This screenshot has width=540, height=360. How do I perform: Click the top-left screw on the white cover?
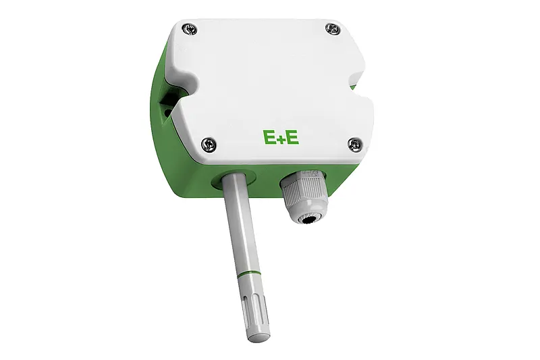tap(190, 28)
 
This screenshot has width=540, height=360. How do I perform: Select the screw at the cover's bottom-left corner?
tap(209, 143)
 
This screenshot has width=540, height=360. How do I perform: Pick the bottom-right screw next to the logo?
tap(354, 143)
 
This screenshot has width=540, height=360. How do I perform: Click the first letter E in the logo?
tap(269, 137)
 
